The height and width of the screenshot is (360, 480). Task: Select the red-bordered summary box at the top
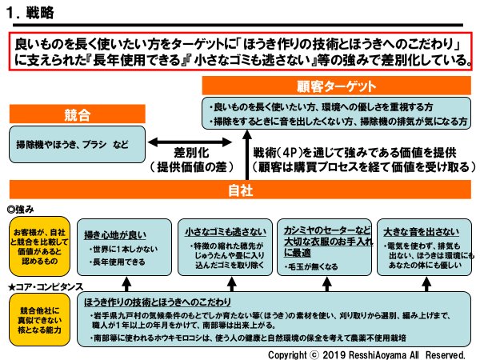[x=240, y=50]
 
